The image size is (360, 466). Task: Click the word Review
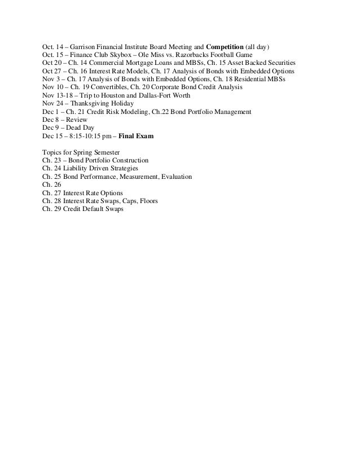(78, 121)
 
